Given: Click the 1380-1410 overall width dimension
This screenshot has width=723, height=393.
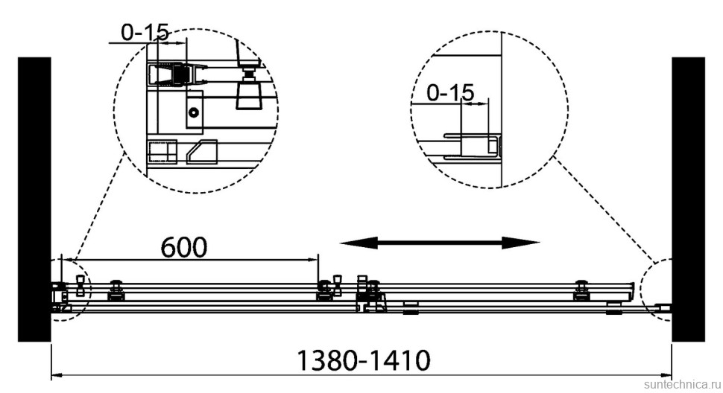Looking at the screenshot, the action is click(363, 360).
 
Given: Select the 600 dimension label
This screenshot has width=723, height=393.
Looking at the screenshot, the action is click(184, 247).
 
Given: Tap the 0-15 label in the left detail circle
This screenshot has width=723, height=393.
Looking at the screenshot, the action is click(145, 32).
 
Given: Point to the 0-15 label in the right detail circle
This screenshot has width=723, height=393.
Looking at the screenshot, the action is click(450, 93).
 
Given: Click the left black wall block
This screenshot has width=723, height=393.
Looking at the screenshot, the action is click(34, 199).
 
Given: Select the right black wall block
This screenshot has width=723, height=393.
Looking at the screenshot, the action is click(688, 199).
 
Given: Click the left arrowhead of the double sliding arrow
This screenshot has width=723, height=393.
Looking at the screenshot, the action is click(359, 243).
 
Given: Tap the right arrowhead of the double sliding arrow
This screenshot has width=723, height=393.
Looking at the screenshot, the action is click(521, 243).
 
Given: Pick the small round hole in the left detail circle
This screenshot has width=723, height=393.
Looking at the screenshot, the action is click(194, 112).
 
